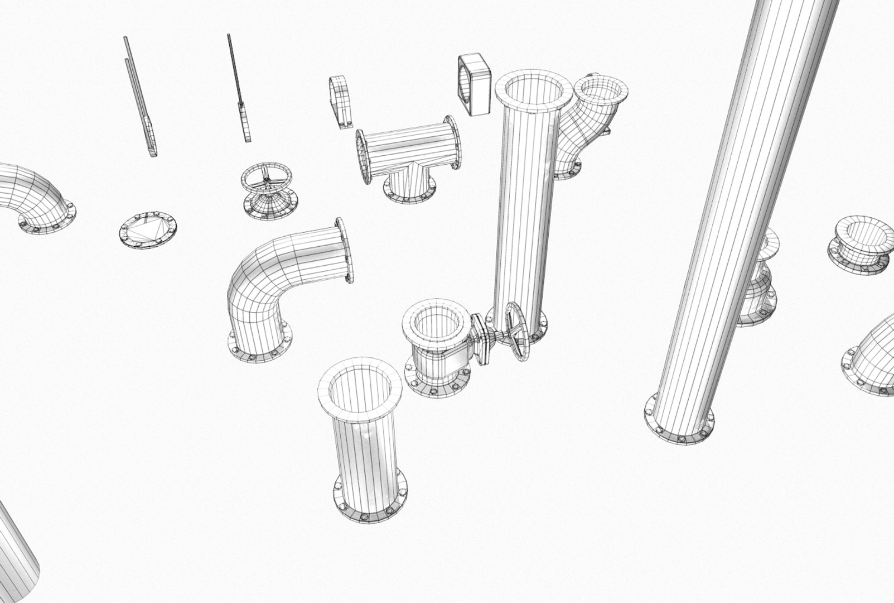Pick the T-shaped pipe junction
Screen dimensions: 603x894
click(x=408, y=156)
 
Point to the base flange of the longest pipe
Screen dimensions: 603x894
click(x=679, y=422)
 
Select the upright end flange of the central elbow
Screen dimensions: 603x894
click(x=345, y=250)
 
